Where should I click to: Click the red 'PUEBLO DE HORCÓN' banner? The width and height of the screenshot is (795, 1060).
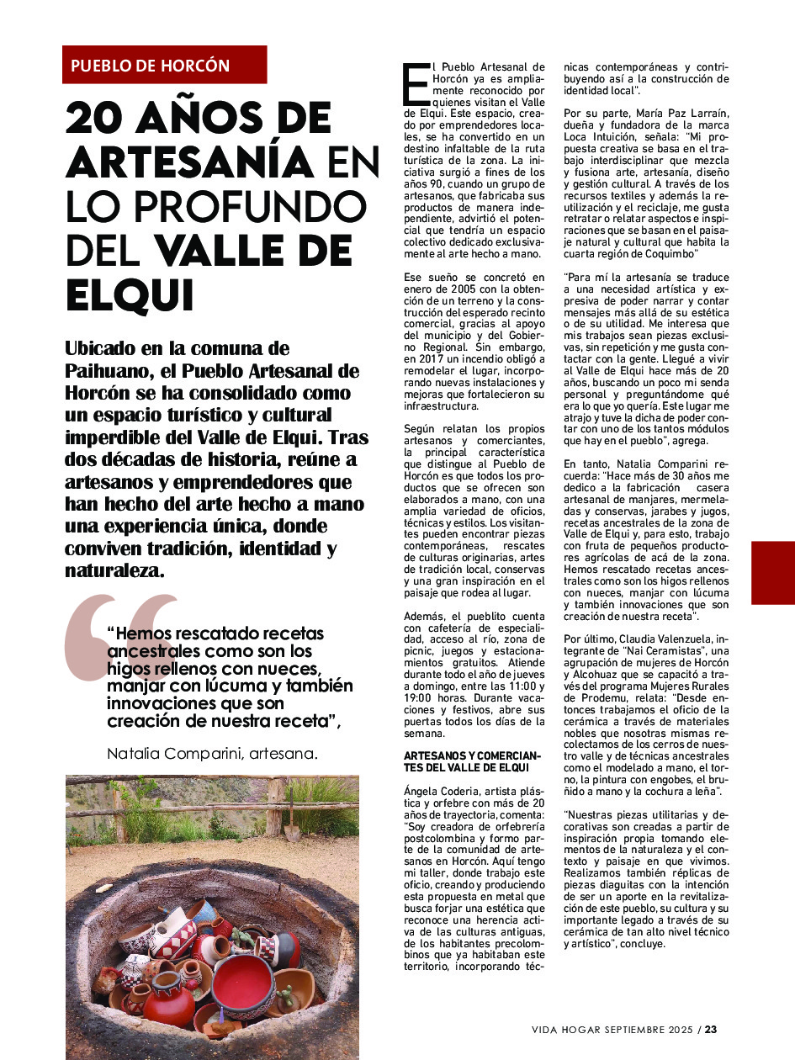point(164,65)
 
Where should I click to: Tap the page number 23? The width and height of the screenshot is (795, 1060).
point(711,1029)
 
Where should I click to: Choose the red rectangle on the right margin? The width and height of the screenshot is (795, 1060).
point(772,572)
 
